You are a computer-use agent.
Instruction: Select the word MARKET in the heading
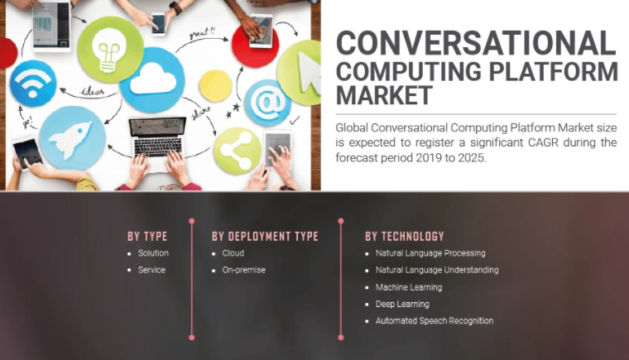click(x=384, y=95)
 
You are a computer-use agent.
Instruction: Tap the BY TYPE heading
click(x=147, y=237)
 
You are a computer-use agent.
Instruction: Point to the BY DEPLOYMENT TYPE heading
click(x=265, y=237)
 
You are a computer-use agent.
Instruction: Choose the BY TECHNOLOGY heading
click(x=405, y=237)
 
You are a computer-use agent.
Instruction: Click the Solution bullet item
click(x=153, y=253)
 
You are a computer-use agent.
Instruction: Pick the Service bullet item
click(x=151, y=270)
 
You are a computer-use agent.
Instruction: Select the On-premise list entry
click(x=243, y=270)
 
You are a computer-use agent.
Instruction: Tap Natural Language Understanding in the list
click(x=437, y=270)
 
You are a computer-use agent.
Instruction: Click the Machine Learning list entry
click(x=409, y=287)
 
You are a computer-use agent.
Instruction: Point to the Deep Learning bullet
click(x=402, y=304)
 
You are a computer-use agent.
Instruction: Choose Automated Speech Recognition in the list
click(x=435, y=321)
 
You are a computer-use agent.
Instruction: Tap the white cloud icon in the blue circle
click(x=152, y=79)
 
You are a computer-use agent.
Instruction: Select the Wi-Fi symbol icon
click(x=32, y=83)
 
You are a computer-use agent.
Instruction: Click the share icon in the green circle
click(x=237, y=151)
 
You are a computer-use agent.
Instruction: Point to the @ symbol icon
click(x=268, y=103)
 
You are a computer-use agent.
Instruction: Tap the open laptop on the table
click(x=156, y=137)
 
